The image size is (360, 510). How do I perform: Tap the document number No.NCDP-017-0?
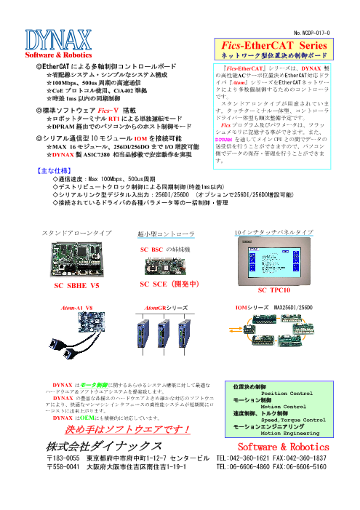[313, 33]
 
